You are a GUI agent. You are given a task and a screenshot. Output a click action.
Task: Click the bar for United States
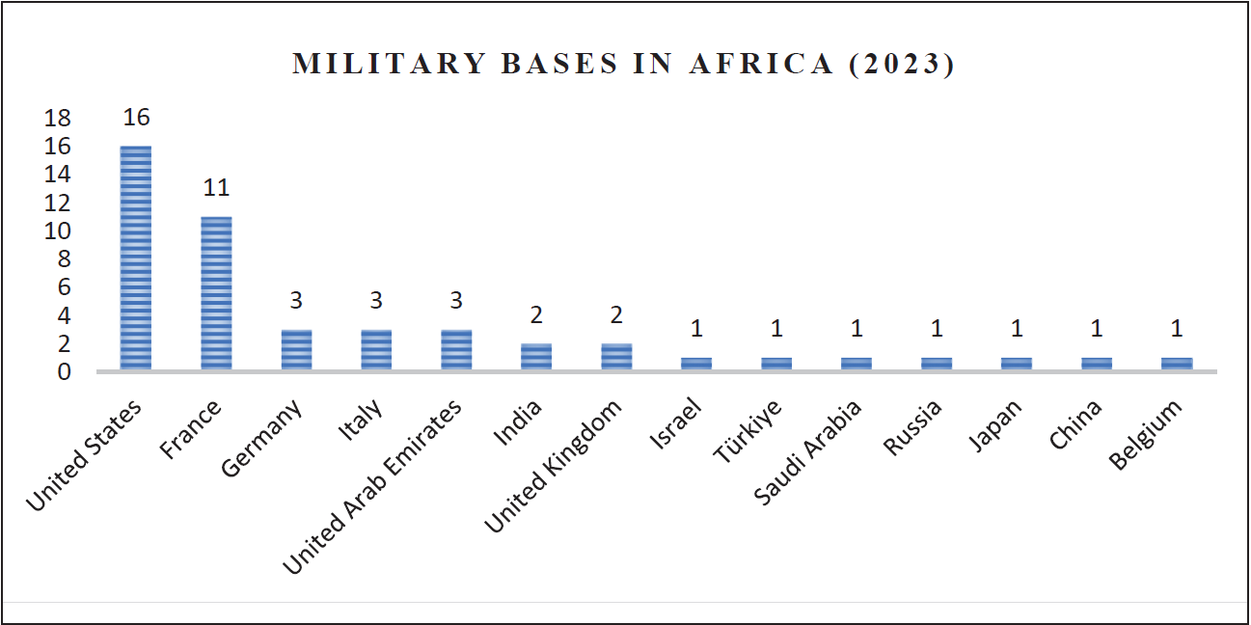(136, 258)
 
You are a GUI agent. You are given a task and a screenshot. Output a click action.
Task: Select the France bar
(216, 293)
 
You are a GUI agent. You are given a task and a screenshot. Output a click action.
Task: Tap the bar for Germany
(296, 349)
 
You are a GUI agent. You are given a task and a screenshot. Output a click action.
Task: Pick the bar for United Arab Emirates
(456, 349)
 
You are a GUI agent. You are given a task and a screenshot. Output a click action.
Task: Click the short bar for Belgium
(1177, 364)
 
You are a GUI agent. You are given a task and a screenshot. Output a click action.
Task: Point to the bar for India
(536, 357)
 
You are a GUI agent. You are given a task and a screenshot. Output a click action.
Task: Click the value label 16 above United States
(136, 118)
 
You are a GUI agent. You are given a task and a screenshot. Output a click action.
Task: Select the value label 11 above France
(216, 188)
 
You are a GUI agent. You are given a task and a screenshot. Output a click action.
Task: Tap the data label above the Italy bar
(376, 301)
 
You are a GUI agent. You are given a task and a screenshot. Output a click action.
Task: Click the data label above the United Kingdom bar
(616, 315)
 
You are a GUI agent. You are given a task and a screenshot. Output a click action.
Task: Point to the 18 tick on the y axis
(58, 119)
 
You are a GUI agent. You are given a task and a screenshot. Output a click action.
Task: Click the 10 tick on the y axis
(58, 231)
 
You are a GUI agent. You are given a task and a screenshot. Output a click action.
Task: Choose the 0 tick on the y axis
(64, 372)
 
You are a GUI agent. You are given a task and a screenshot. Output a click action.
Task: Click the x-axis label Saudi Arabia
(808, 451)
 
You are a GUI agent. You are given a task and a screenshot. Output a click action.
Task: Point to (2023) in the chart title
(902, 65)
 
